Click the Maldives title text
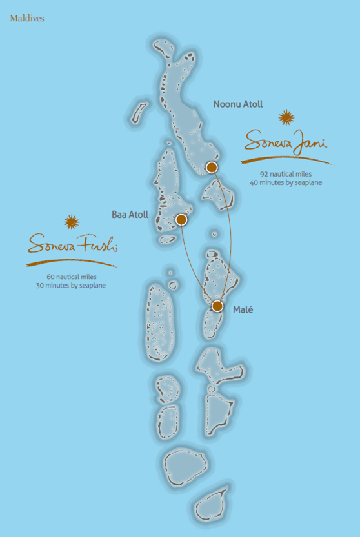26,19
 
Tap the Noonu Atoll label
238,104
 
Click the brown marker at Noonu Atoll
212,168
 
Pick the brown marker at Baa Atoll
181,220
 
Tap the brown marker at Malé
217,306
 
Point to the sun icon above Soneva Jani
286,117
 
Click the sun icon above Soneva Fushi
71,222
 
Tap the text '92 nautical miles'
286,174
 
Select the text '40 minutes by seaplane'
286,183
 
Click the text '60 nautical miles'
71,276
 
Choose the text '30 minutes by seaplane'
71,285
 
